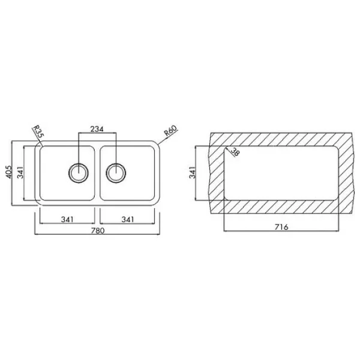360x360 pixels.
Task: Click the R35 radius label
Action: [38, 131]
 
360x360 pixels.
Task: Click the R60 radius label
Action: [170, 130]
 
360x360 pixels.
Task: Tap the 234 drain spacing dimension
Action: [97, 129]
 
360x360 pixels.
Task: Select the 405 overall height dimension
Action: [9, 172]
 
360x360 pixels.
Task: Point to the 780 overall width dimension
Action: [98, 230]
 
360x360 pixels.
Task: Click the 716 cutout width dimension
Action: [281, 227]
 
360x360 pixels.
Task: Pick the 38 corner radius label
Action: [235, 152]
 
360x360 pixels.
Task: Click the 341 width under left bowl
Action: [67, 220]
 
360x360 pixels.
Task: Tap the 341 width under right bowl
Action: [127, 220]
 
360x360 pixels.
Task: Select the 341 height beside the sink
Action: [20, 172]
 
